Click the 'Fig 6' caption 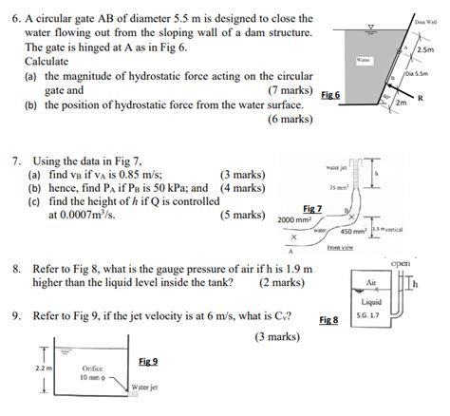pyautogui.click(x=331, y=96)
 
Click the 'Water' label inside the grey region pyautogui.click(x=363, y=59)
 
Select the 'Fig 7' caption pyautogui.click(x=313, y=208)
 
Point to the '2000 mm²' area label pyautogui.click(x=296, y=219)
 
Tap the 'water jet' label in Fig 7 pyautogui.click(x=337, y=167)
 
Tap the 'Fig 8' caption pyautogui.click(x=329, y=320)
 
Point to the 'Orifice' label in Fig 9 pyautogui.click(x=92, y=368)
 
